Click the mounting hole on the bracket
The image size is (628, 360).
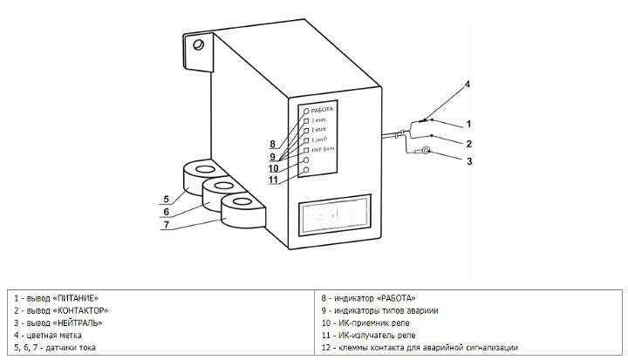coord(200,43)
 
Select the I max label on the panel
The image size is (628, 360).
coord(320,120)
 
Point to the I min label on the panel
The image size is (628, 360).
coord(319,130)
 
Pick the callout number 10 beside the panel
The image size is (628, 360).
coord(273,168)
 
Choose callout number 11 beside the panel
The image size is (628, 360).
coord(273,180)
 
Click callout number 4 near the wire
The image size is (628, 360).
coord(468,85)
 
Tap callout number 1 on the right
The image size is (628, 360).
coord(468,124)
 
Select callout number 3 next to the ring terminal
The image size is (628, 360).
coord(468,161)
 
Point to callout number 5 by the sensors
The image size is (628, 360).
coord(166,196)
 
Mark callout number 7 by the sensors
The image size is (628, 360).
coord(166,225)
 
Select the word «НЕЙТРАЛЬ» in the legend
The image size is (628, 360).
coord(77,323)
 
